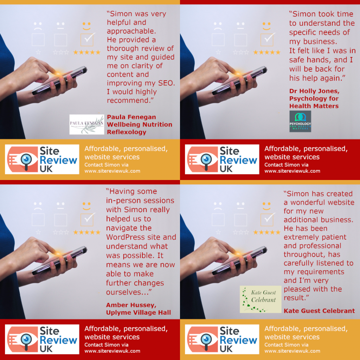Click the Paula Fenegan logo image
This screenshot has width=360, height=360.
click(x=87, y=124)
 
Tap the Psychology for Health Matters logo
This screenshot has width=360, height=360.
click(x=300, y=121)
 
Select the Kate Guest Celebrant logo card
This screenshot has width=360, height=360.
click(x=258, y=299)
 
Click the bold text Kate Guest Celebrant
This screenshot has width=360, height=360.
click(x=319, y=311)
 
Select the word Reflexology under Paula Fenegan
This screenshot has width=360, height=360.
click(x=126, y=132)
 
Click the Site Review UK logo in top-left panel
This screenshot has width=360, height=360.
click(x=42, y=159)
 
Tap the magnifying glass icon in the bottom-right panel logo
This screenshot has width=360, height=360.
click(x=206, y=340)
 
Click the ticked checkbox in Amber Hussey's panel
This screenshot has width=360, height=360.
click(x=86, y=219)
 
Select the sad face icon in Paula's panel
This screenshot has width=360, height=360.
click(x=38, y=26)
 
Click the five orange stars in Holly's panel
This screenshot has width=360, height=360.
click(x=266, y=52)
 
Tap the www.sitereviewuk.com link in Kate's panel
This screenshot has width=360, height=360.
click(x=292, y=351)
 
